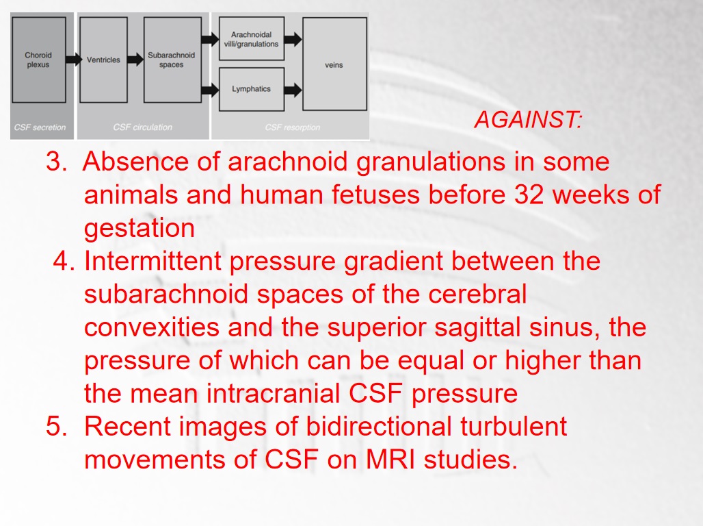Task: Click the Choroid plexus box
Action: (38, 60)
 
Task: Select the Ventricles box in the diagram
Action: (103, 60)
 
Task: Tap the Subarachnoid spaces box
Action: (172, 60)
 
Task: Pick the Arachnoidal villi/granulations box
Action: (252, 38)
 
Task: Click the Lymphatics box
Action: (252, 89)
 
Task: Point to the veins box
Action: (334, 64)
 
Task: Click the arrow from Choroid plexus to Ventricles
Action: (74, 60)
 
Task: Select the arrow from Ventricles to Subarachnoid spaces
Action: (135, 60)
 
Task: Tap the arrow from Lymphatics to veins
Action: (293, 90)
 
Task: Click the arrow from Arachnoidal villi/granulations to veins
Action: (293, 39)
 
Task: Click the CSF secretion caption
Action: (40, 127)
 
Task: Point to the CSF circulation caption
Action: (142, 127)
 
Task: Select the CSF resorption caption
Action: (292, 127)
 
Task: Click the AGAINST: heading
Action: (528, 119)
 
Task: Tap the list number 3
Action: (57, 161)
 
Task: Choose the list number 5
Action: (57, 426)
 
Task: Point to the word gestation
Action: (140, 229)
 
